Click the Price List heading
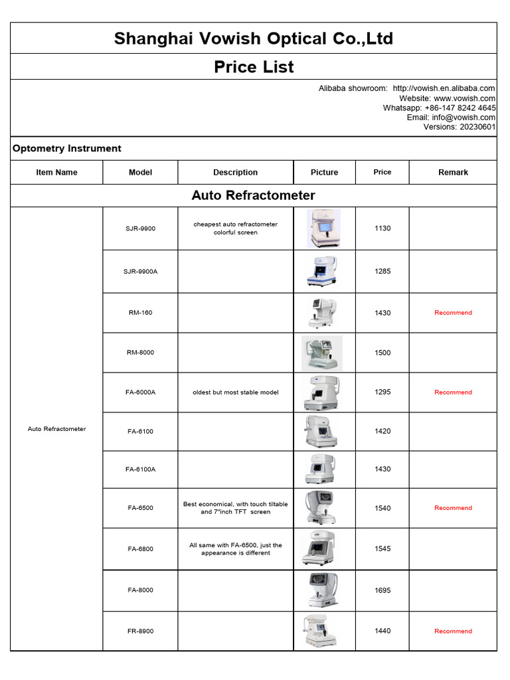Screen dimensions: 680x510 254,67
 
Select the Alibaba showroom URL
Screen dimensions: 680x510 444,88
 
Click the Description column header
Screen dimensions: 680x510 235,173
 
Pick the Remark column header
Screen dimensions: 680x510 453,173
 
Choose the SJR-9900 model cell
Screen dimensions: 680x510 140,228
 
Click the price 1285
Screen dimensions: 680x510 382,272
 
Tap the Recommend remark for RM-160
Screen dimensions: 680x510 453,313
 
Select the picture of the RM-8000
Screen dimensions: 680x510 322,353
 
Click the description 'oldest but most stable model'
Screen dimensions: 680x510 235,392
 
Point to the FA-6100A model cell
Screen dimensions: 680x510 140,469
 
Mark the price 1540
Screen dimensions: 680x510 382,508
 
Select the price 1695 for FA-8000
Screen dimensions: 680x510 382,590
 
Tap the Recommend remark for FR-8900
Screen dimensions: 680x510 453,632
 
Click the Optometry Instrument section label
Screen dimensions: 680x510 67,149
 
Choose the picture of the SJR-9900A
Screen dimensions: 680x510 322,272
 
